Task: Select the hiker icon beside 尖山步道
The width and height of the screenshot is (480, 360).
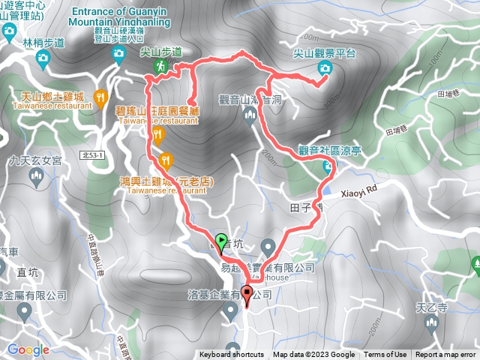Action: (160, 67)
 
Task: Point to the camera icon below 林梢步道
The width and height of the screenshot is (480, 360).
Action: (43, 58)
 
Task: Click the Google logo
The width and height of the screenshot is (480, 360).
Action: (28, 349)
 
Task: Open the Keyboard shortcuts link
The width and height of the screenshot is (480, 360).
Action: (232, 355)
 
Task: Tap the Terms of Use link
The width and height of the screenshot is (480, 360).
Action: (385, 355)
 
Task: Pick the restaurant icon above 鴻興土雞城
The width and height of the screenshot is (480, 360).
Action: (166, 159)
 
